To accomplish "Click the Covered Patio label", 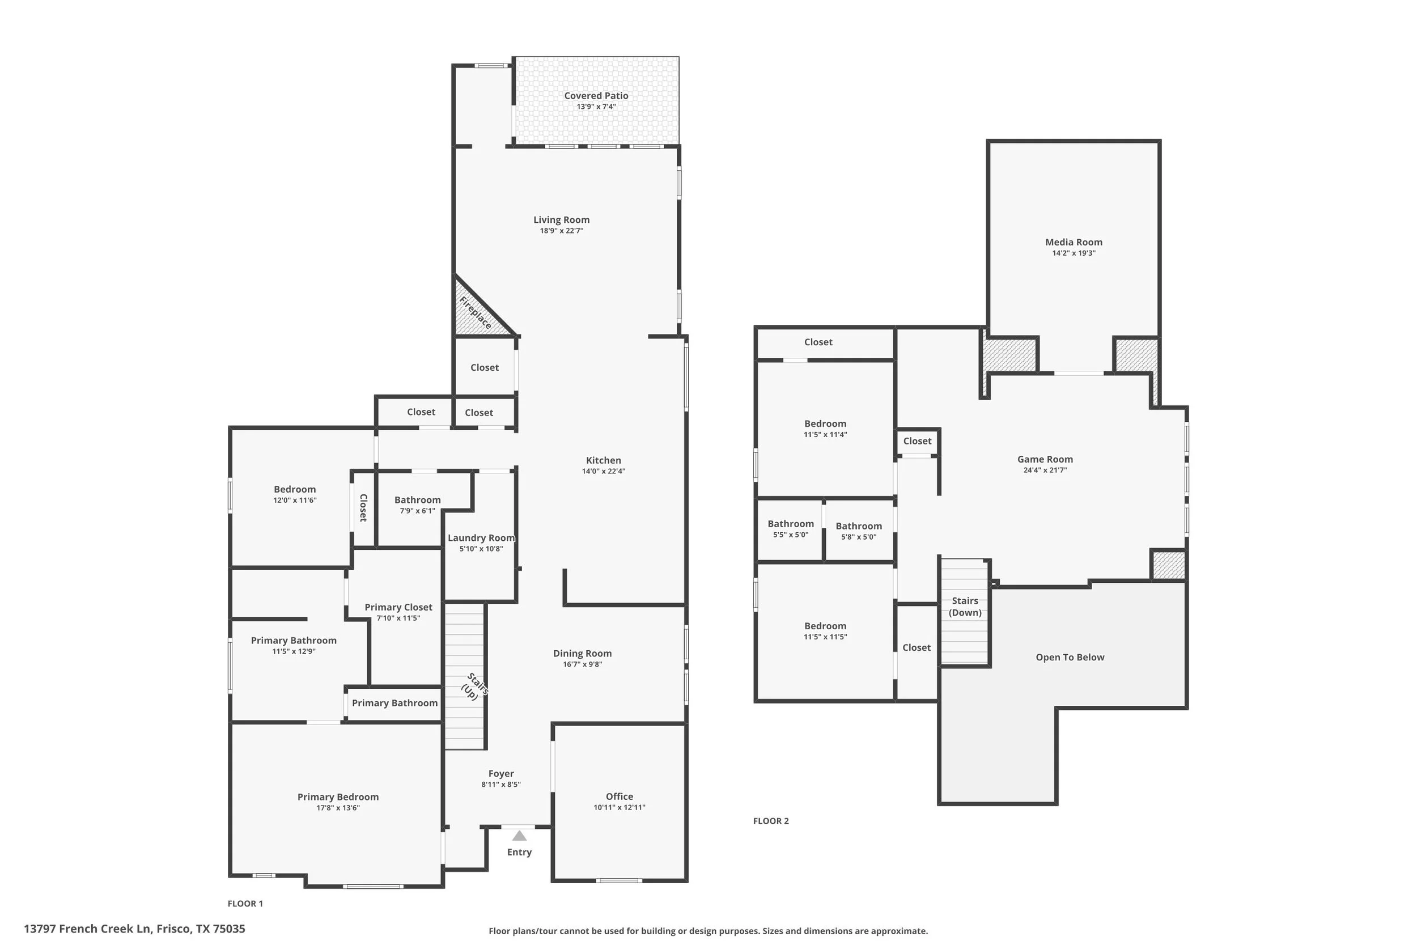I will [x=596, y=96].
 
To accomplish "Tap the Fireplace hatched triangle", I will [x=474, y=314].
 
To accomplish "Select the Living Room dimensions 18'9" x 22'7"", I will [x=561, y=231].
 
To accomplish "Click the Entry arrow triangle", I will [x=519, y=836].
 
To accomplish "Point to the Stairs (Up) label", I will [x=474, y=687].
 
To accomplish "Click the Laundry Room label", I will [x=481, y=537].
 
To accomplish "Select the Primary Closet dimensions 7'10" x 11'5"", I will [x=398, y=618].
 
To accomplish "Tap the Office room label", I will [x=619, y=796].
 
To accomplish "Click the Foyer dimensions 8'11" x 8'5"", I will [x=500, y=784].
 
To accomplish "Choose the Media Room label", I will [x=1074, y=242].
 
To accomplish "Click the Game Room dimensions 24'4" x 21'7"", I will [x=1045, y=470].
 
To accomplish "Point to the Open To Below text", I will [x=1070, y=657].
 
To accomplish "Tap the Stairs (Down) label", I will [x=965, y=607].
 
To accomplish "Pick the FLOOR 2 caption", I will [x=770, y=821].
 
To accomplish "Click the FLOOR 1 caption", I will [x=245, y=904].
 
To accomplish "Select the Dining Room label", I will [x=582, y=653].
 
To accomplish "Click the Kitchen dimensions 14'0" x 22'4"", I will [x=603, y=471].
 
